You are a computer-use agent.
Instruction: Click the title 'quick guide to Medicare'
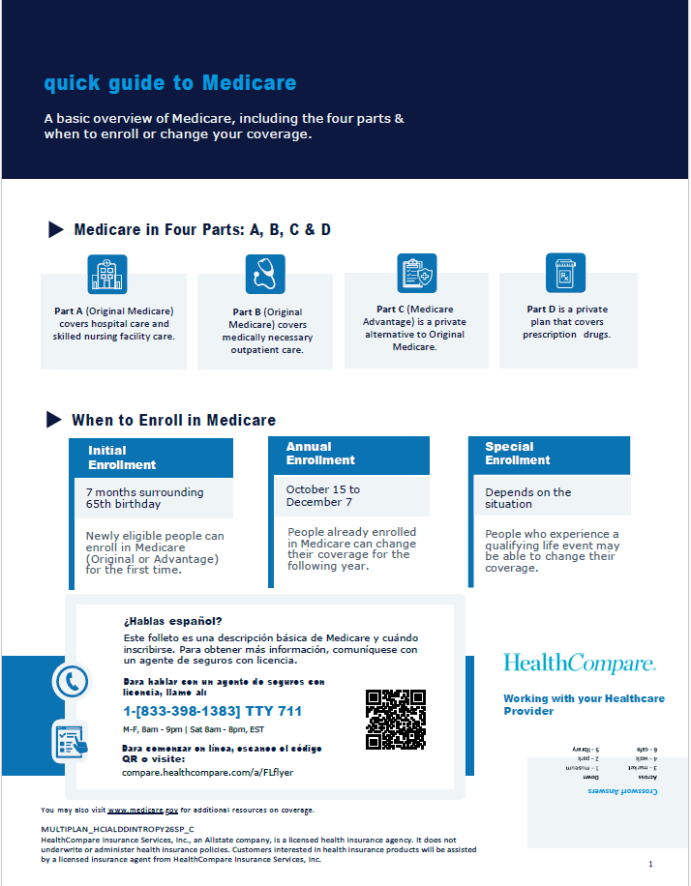coord(170,83)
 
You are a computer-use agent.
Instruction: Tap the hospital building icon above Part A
coord(106,275)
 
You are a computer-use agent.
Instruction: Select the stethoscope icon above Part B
coord(265,274)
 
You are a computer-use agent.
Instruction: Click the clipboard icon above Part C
coord(417,273)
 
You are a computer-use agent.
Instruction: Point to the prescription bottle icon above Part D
coord(565,273)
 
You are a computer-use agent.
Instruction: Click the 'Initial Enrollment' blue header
coord(151,458)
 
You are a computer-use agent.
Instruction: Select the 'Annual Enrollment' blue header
coord(348,454)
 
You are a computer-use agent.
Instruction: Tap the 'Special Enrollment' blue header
coord(548,454)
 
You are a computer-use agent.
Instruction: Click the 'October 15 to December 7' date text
coord(322,495)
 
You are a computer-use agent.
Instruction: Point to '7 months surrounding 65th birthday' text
coord(144,498)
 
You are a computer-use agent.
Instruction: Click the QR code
coord(396,719)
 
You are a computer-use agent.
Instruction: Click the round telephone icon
coord(71,682)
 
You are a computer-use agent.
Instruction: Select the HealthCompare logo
coord(579,664)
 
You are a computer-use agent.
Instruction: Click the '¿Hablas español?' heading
coord(172,621)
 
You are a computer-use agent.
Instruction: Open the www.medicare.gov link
coord(143,810)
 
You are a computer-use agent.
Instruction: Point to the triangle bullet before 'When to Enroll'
coord(54,420)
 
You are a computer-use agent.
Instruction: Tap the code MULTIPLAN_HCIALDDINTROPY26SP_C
coord(117,830)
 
